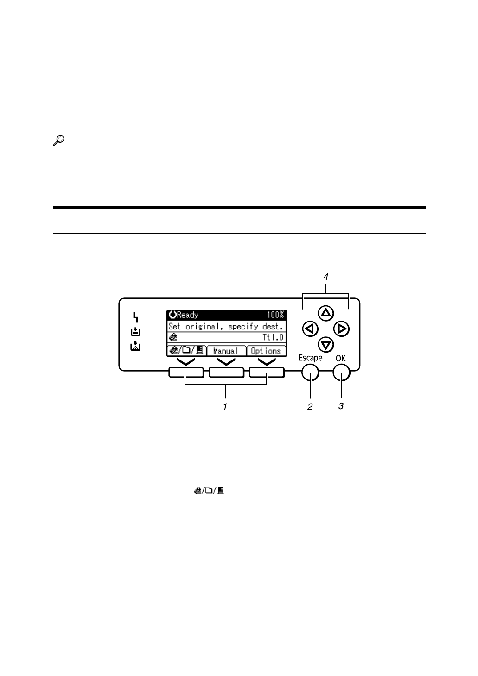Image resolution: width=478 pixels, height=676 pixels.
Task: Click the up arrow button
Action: click(326, 313)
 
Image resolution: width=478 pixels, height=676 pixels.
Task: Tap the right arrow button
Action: click(342, 329)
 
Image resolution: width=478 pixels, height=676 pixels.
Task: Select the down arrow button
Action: click(326, 345)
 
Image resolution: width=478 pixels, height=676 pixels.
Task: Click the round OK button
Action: click(342, 373)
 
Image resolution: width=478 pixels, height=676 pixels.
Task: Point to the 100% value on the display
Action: click(275, 315)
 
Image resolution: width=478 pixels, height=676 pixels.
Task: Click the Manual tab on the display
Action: click(226, 351)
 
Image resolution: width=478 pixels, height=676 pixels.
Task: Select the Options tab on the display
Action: click(266, 351)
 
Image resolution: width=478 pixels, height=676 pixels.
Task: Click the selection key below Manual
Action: click(226, 373)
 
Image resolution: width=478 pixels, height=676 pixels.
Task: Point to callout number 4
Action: click(326, 277)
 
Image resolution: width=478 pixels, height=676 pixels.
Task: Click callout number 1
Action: click(225, 407)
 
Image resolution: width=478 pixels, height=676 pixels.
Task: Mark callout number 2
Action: click(310, 407)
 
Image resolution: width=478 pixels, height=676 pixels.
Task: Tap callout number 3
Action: click(341, 406)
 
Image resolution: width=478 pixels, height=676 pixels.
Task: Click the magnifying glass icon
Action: click(58, 141)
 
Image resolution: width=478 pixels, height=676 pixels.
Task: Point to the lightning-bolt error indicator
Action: click(136, 317)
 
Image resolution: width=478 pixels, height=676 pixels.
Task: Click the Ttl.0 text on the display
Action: click(273, 337)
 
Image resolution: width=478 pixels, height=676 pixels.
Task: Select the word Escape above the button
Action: click(311, 358)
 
